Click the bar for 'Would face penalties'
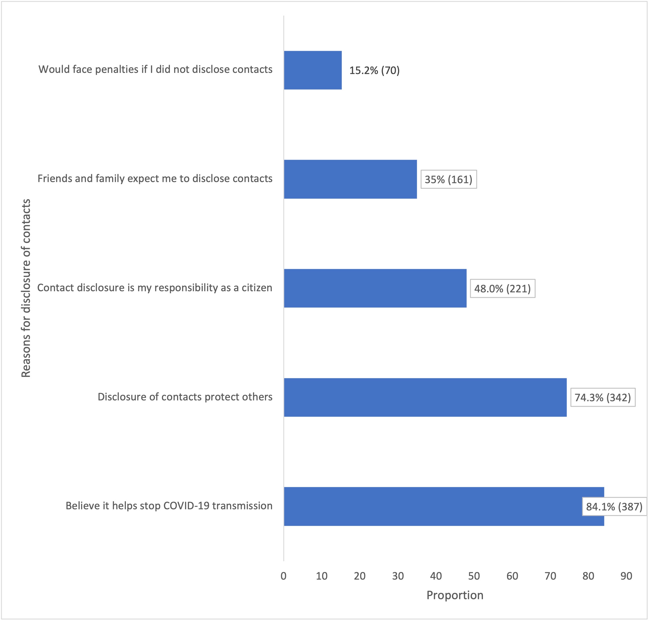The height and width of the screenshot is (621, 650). tap(313, 70)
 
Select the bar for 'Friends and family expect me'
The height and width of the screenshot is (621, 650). tap(350, 179)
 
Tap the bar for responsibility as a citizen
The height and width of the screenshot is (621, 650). tap(375, 288)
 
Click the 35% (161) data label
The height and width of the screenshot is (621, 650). tap(448, 179)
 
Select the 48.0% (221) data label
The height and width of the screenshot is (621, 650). tap(502, 289)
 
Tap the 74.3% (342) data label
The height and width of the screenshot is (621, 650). tap(602, 398)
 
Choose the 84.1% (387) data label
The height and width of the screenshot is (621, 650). tap(614, 507)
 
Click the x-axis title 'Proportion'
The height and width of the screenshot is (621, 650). tap(455, 595)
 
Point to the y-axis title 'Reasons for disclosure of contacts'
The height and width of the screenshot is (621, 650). tap(26, 288)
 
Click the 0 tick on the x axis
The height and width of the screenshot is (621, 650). tap(283, 576)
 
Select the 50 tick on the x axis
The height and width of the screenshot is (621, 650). tap(474, 576)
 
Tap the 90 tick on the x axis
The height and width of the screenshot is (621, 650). tap(626, 576)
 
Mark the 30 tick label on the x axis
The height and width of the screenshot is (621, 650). tap(398, 576)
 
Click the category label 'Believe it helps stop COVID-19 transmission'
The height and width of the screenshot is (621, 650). tap(169, 506)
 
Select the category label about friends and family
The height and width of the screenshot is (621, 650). tap(155, 178)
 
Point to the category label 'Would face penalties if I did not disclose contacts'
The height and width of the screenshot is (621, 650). tap(155, 69)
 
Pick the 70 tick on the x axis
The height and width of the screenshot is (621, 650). tap(550, 576)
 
